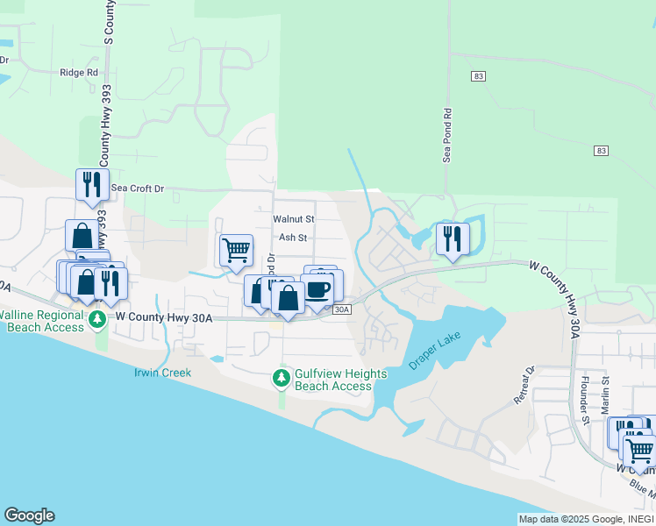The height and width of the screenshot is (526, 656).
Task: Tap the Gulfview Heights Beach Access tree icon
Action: pyautogui.click(x=282, y=379)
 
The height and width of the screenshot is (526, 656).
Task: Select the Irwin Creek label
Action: pyautogui.click(x=162, y=373)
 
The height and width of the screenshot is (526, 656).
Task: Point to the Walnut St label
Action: pyautogui.click(x=293, y=218)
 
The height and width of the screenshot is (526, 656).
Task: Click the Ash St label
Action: pyautogui.click(x=293, y=238)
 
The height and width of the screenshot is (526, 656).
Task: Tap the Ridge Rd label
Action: pyautogui.click(x=78, y=73)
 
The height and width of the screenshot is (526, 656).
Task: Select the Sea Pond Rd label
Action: pyautogui.click(x=446, y=135)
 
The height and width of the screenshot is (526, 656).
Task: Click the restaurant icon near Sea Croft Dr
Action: pyautogui.click(x=89, y=184)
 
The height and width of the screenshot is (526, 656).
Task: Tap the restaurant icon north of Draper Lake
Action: pyautogui.click(x=453, y=238)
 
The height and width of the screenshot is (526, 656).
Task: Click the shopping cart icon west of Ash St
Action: pyautogui.click(x=236, y=250)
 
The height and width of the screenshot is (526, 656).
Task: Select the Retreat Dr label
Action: pyautogui.click(x=524, y=386)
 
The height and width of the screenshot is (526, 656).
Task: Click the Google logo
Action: pyautogui.click(x=29, y=515)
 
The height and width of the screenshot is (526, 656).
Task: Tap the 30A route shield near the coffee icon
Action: pyautogui.click(x=342, y=309)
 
